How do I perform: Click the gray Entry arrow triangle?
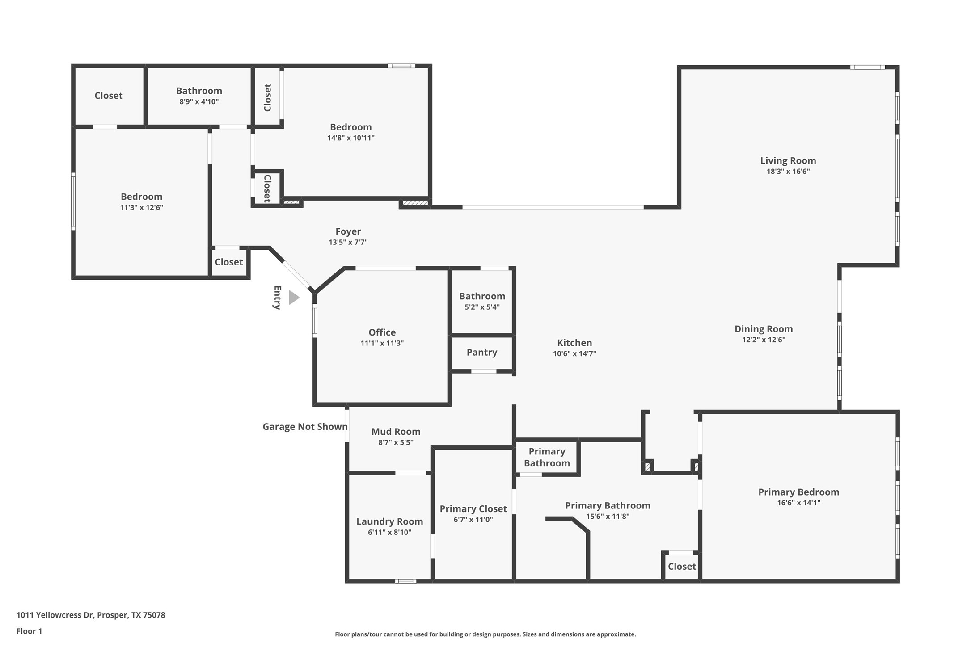tap(293, 298)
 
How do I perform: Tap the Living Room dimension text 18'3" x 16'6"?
tap(788, 172)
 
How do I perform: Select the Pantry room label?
tap(481, 353)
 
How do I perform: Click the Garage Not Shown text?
tap(305, 427)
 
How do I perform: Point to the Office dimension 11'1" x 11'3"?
tap(382, 343)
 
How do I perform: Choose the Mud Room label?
tap(396, 432)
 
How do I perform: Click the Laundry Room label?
tap(389, 521)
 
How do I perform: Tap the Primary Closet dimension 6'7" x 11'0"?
tap(473, 520)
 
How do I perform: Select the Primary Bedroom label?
tap(798, 492)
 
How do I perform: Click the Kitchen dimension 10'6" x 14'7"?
tap(574, 353)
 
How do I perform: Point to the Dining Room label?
tap(763, 329)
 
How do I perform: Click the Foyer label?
tap(348, 231)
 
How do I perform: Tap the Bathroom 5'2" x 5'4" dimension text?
tap(482, 307)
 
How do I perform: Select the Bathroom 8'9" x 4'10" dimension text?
tap(199, 101)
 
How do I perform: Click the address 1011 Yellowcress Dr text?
tap(91, 615)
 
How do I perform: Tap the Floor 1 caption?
tap(29, 631)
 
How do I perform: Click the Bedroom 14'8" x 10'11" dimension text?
tap(350, 138)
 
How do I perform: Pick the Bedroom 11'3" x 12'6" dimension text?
tap(141, 207)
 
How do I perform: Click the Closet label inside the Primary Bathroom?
tap(681, 567)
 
